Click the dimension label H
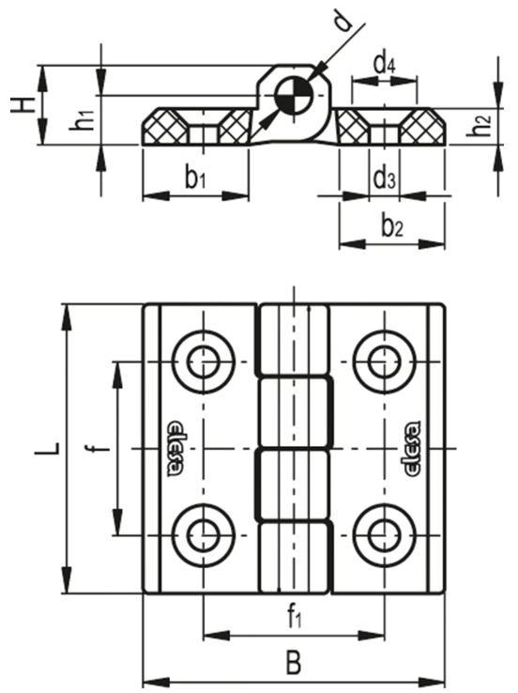(x=23, y=105)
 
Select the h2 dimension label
(x=480, y=126)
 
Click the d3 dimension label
(x=384, y=179)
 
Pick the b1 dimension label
(x=195, y=179)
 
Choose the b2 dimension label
(x=392, y=226)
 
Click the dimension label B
(x=293, y=663)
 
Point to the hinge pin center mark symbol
(x=293, y=96)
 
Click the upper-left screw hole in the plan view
(x=203, y=362)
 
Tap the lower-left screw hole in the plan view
(x=203, y=535)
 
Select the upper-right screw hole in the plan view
(x=385, y=362)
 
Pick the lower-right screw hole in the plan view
(x=385, y=535)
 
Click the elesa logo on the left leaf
(x=175, y=449)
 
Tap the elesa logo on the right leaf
(x=413, y=449)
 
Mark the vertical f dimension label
(x=102, y=449)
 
